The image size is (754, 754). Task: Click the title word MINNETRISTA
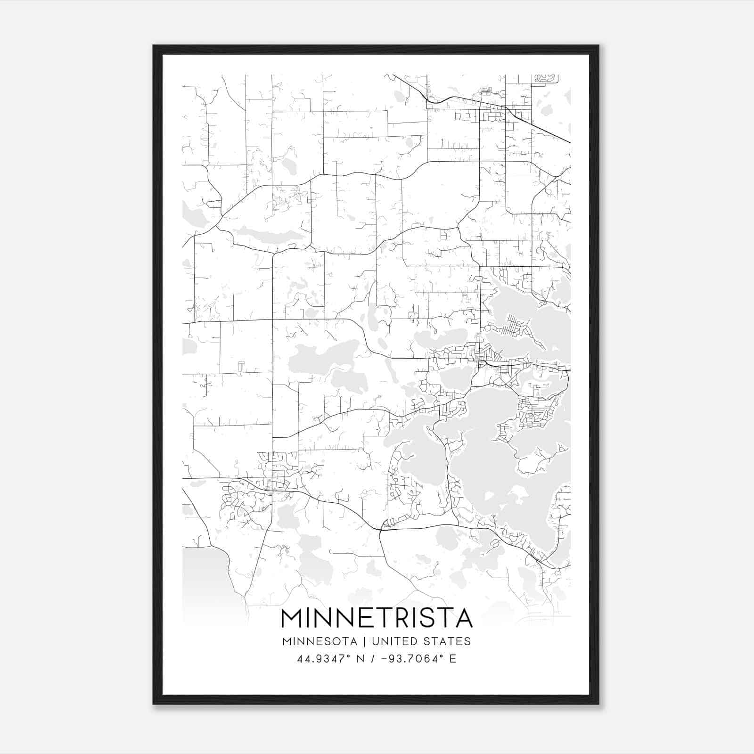coord(377,618)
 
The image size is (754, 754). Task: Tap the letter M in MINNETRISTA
coord(292,618)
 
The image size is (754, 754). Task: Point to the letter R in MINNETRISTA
coord(413,618)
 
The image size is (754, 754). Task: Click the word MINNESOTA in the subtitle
coord(322,641)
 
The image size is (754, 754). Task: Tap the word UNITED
coord(394,641)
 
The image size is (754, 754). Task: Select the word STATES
coord(447,641)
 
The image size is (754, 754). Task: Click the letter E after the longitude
coord(452,659)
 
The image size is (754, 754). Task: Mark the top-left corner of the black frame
coord(154,46)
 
